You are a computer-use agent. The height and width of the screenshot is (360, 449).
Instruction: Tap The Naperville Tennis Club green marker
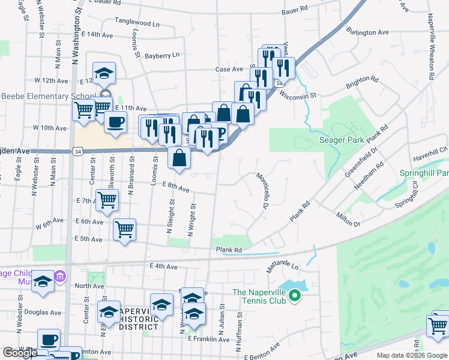click(295, 295)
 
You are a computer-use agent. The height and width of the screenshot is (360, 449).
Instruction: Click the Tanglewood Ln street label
click(137, 23)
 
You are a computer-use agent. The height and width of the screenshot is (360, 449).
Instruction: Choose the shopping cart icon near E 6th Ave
click(124, 230)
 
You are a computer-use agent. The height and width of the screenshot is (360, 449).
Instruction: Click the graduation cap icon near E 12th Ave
click(104, 74)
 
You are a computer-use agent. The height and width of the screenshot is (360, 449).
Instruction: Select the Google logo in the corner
click(20, 353)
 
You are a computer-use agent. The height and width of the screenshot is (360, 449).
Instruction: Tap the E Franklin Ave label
click(205, 339)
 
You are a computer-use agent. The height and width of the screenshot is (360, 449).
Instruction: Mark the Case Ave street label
click(229, 70)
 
